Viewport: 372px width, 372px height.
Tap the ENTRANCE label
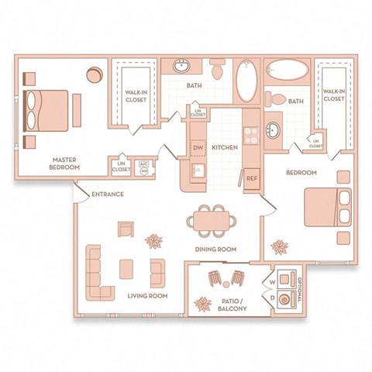pyautogui.click(x=108, y=194)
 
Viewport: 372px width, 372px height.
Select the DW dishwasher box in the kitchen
pyautogui.click(x=198, y=147)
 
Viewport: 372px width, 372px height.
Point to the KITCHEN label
pyautogui.click(x=224, y=146)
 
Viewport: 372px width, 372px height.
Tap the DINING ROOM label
pyautogui.click(x=216, y=250)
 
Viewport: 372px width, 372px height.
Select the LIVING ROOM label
pyautogui.click(x=147, y=295)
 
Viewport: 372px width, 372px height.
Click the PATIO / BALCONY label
pyautogui.click(x=232, y=305)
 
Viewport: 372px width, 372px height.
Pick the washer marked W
pyautogui.click(x=272, y=281)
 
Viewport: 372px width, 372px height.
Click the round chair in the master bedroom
pyautogui.click(x=94, y=75)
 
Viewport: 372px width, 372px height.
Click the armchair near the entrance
pyautogui.click(x=126, y=229)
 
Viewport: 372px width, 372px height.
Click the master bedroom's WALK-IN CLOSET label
pyautogui.click(x=137, y=95)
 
